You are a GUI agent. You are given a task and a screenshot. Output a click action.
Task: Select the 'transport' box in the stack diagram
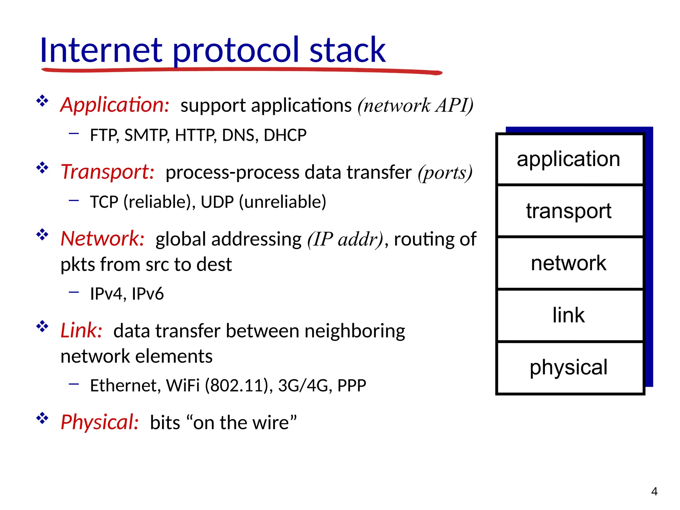pyautogui.click(x=568, y=211)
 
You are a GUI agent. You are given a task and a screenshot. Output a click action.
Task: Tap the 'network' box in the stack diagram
pyautogui.click(x=568, y=263)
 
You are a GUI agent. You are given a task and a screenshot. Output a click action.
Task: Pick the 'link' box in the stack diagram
pyautogui.click(x=568, y=315)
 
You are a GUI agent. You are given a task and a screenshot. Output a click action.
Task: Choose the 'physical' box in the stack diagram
pyautogui.click(x=568, y=367)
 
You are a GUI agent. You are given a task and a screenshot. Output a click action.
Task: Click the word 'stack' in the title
pyautogui.click(x=347, y=50)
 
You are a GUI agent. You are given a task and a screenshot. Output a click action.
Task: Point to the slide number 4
pyautogui.click(x=654, y=491)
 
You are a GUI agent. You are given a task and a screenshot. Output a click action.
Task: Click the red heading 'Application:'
pyautogui.click(x=115, y=105)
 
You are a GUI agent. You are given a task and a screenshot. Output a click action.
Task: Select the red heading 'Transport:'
pyautogui.click(x=108, y=172)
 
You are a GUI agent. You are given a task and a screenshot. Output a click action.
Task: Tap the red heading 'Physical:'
pyautogui.click(x=100, y=422)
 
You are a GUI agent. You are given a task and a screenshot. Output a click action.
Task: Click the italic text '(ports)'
pyautogui.click(x=445, y=173)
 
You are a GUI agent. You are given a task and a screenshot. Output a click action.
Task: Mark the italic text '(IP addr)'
pyautogui.click(x=345, y=239)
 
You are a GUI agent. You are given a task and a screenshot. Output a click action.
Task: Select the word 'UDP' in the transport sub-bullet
pyautogui.click(x=217, y=202)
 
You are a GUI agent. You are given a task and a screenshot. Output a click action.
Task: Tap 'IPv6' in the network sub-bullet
pyautogui.click(x=148, y=294)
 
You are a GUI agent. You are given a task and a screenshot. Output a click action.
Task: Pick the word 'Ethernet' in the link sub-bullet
pyautogui.click(x=125, y=385)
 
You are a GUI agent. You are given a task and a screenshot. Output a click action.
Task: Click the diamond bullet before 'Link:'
pyautogui.click(x=42, y=326)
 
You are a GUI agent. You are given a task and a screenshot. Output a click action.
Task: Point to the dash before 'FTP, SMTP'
pyautogui.click(x=74, y=133)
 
